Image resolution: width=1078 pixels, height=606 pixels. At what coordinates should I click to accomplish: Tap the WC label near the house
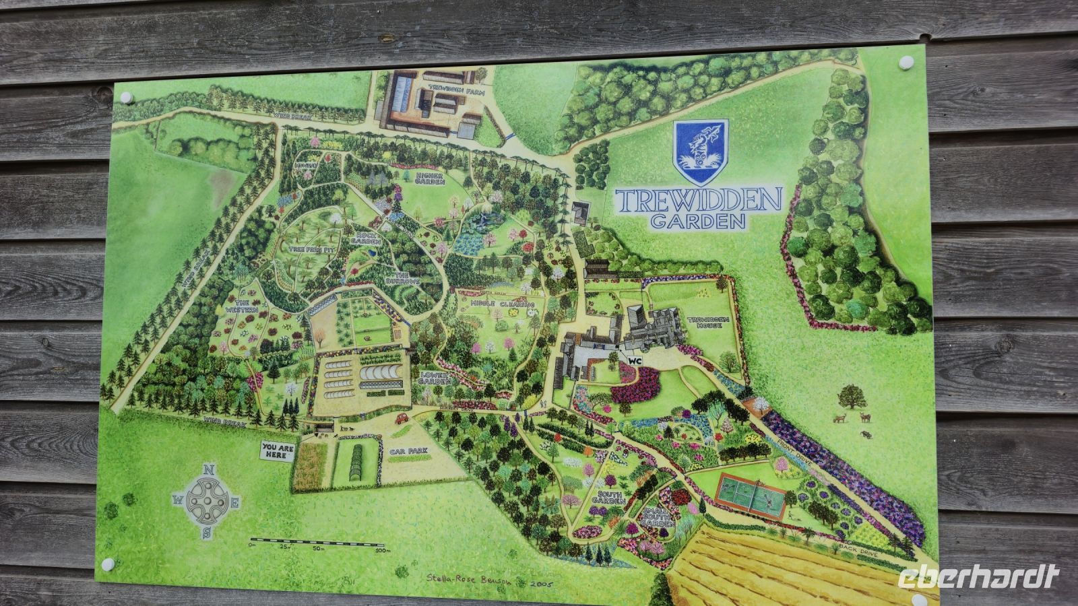pyautogui.click(x=633, y=361)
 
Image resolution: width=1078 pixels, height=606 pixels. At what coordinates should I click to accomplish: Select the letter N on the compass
pyautogui.click(x=208, y=470)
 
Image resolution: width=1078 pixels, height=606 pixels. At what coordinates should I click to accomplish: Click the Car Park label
pyautogui.click(x=404, y=452)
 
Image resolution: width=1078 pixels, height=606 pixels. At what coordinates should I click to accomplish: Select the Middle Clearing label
pyautogui.click(x=503, y=304)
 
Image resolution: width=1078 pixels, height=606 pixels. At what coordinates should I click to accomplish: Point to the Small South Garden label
pyautogui.click(x=657, y=517)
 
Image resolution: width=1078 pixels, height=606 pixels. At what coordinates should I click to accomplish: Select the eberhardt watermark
pyautogui.click(x=978, y=577)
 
